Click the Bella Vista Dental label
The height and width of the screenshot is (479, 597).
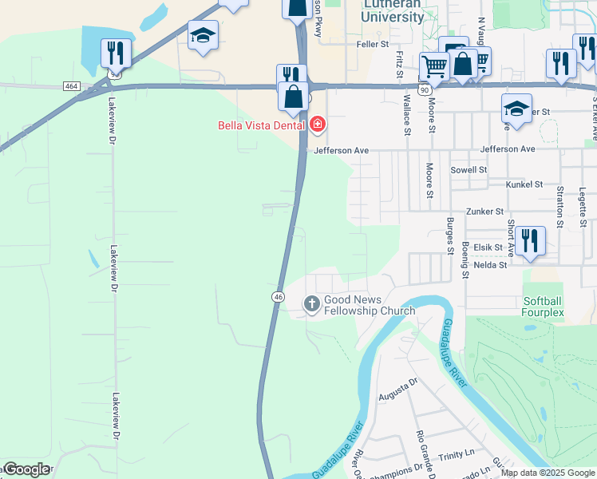(263, 125)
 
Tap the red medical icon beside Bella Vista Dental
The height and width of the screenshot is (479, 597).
(318, 125)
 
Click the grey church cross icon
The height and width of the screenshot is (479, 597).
(311, 303)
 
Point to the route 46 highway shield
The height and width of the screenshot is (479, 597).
(278, 296)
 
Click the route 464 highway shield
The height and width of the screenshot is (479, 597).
(72, 85)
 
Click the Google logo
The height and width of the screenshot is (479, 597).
(26, 469)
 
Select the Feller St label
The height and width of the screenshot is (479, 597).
(373, 45)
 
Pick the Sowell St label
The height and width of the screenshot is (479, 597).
(468, 170)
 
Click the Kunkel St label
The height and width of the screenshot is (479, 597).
(524, 184)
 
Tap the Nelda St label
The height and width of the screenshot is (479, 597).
(490, 265)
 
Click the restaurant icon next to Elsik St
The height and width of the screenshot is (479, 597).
(530, 241)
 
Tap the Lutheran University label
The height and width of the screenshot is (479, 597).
(393, 10)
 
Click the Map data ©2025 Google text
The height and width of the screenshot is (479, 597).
(548, 473)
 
